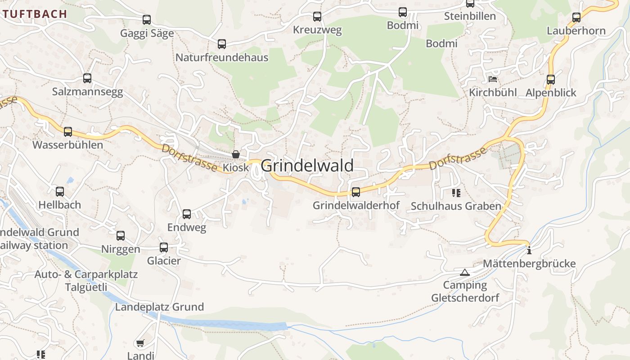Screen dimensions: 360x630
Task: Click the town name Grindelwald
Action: pos(307,166)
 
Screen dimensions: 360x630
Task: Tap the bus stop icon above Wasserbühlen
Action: pos(67,132)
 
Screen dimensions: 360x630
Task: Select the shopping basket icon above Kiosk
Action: pos(235,155)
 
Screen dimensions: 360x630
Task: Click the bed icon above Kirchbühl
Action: pos(493,80)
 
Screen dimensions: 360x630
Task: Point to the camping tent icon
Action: pos(465,272)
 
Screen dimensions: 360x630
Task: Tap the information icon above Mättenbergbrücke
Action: pos(529,250)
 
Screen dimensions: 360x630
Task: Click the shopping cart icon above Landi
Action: pos(140,343)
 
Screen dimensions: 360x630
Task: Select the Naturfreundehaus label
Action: pos(221,58)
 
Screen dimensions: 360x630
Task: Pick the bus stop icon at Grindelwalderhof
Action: pos(356,192)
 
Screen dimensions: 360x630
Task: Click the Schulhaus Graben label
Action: pos(456,206)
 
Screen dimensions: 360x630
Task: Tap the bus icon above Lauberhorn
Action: pos(576,18)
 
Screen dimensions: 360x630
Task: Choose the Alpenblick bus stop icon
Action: pos(551,80)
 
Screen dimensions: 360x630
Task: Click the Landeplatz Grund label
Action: pos(159,307)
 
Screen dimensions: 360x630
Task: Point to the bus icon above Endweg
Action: pos(187,214)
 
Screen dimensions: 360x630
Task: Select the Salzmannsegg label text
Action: pos(87,92)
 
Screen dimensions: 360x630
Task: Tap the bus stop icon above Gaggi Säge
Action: pos(147,20)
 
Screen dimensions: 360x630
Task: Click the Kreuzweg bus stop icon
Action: pos(317,17)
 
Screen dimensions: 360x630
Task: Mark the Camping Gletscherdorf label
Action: pos(465,291)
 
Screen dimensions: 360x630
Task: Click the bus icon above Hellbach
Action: pos(60,192)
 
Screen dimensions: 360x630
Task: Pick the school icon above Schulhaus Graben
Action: pos(456,193)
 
